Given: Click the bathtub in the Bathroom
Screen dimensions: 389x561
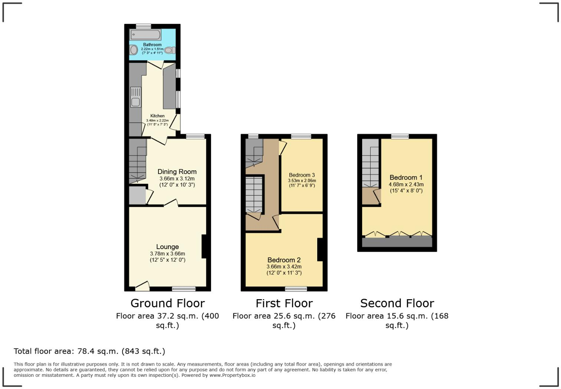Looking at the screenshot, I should pyautogui.click(x=145, y=35).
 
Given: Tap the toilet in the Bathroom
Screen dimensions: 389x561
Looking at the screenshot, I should pyautogui.click(x=170, y=50).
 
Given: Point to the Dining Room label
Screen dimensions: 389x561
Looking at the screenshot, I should pyautogui.click(x=177, y=171).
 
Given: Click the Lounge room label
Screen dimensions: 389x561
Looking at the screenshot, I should pyautogui.click(x=167, y=247).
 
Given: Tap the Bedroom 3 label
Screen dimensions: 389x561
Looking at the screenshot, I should pyautogui.click(x=302, y=175).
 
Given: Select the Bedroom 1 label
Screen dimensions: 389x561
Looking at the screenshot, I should pyautogui.click(x=406, y=177).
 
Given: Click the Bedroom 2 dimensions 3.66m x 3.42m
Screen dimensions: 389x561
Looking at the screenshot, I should pyautogui.click(x=284, y=267).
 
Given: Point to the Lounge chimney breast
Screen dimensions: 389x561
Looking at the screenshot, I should pyautogui.click(x=204, y=246).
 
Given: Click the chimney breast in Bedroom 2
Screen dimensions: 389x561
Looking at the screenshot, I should pyautogui.click(x=320, y=249).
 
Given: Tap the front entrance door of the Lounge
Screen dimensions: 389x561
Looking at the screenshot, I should pyautogui.click(x=142, y=285).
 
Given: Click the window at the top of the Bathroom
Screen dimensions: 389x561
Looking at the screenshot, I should pyautogui.click(x=143, y=26).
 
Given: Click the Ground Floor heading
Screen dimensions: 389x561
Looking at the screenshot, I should pyautogui.click(x=167, y=303).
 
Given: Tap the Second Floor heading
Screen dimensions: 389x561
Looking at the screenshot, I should pyautogui.click(x=397, y=303).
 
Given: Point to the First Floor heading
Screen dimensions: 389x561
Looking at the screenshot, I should pyautogui.click(x=284, y=303).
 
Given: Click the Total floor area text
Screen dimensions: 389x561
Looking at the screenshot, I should pyautogui.click(x=89, y=351).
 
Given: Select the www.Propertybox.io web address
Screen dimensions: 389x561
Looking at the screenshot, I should pyautogui.click(x=232, y=375).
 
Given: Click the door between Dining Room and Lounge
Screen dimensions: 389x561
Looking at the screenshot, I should pyautogui.click(x=171, y=203).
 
